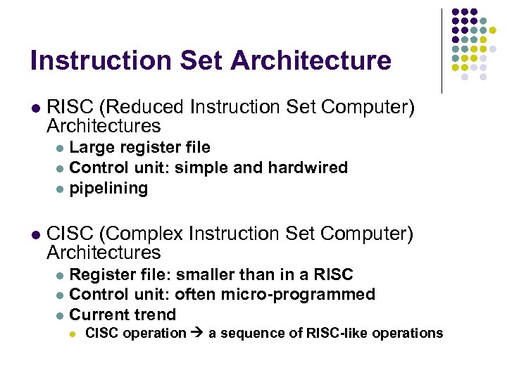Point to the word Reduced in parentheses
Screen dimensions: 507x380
pos(141,108)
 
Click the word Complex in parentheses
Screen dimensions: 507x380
pos(145,234)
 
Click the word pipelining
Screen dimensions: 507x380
pos(109,189)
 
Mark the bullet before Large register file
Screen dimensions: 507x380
pos(60,148)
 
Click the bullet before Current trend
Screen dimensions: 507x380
pos(60,315)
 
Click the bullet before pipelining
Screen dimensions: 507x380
pos(60,189)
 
